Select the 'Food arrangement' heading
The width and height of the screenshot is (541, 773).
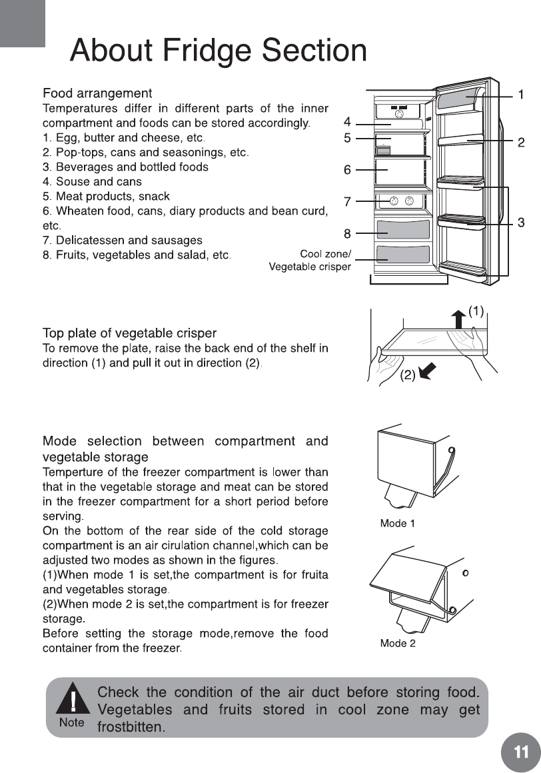(97, 93)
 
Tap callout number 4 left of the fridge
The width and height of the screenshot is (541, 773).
(347, 123)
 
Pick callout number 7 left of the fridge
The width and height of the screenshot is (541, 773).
(347, 200)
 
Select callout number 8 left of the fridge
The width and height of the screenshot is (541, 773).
(347, 233)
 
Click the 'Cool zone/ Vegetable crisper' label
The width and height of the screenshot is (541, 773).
(310, 261)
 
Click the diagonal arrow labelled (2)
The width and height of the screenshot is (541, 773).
(426, 371)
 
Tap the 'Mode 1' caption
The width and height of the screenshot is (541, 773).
(397, 524)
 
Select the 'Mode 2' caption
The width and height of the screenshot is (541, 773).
(398, 643)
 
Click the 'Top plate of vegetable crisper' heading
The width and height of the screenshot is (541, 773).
(129, 333)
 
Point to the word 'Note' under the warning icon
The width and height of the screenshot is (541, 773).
(71, 722)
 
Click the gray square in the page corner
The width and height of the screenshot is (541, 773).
(22, 23)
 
